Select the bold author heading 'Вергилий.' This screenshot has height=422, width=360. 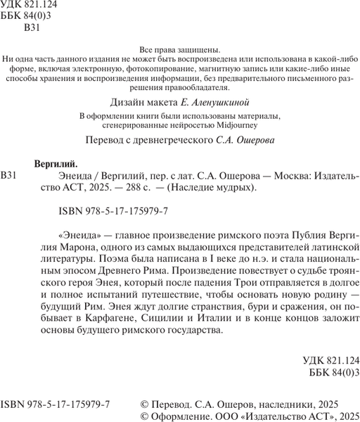click(57, 161)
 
